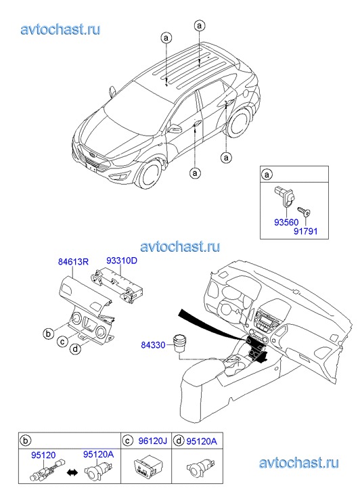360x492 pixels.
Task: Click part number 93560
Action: click(286, 223)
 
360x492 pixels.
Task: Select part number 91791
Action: click(306, 231)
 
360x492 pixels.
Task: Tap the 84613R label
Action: click(74, 261)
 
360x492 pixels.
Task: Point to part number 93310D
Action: click(122, 261)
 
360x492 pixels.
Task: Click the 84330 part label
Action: click(153, 345)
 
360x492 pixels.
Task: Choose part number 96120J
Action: click(152, 441)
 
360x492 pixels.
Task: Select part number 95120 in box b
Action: click(43, 455)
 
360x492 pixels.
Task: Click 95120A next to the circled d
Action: click(202, 441)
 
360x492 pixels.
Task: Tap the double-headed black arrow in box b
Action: click(72, 472)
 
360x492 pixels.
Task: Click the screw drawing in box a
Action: click(304, 211)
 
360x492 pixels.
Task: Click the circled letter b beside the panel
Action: click(48, 333)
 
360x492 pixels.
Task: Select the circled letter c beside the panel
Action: click(62, 341)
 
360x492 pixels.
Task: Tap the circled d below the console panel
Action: click(75, 349)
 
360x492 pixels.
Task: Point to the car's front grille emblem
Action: click(91, 154)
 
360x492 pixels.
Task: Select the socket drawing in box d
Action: click(200, 468)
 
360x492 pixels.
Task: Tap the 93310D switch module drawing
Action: click(116, 286)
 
